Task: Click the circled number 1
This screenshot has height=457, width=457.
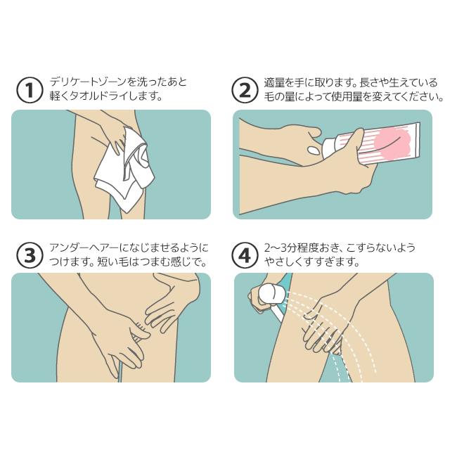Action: click(30, 90)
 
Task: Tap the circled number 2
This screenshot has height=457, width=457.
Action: click(245, 90)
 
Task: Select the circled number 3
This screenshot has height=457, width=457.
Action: click(30, 255)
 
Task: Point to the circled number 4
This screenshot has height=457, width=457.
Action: click(245, 255)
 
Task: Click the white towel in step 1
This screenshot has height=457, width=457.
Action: click(125, 172)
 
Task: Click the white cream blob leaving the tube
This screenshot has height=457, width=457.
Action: click(314, 150)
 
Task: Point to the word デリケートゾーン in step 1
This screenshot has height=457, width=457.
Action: click(89, 82)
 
